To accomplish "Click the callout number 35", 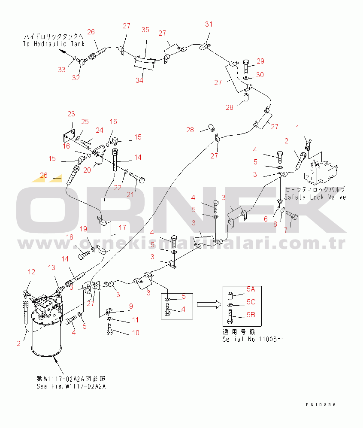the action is tap(145, 30).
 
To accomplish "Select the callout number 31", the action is tap(209, 24).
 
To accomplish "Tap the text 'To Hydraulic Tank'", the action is tap(54, 44).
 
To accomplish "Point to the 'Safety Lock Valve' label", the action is tap(315, 197).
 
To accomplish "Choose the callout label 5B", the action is tap(251, 315).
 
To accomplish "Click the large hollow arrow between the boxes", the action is tap(209, 304).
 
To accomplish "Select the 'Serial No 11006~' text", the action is tap(253, 339).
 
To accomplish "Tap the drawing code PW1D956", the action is tap(321, 405).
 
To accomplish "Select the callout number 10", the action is tap(136, 333).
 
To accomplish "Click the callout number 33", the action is tap(62, 70).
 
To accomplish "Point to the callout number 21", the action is tap(130, 194).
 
